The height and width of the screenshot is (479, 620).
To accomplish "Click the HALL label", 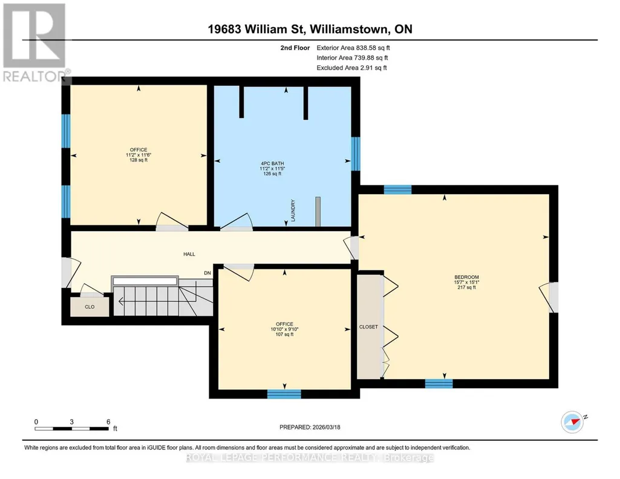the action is [x=189, y=254].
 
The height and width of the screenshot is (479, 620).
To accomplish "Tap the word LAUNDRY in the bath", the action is [x=293, y=210].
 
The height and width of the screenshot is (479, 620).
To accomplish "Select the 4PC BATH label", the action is [x=272, y=163].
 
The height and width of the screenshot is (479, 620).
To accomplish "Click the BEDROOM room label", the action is [x=466, y=277].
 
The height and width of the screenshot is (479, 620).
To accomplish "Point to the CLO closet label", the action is [x=90, y=307].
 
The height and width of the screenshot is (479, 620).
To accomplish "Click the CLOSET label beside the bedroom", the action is [x=368, y=327].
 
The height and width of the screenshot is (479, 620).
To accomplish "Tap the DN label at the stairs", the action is [x=207, y=273].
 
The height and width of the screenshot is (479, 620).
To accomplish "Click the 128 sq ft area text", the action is [x=139, y=160].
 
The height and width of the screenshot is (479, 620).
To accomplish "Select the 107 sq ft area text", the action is [x=285, y=334].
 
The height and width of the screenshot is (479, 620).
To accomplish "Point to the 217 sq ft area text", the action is [x=466, y=287].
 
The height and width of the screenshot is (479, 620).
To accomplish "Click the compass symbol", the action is [x=573, y=422].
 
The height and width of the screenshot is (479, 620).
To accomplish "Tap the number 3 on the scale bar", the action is [x=71, y=422].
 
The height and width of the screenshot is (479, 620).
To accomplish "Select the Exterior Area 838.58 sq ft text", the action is [x=353, y=48].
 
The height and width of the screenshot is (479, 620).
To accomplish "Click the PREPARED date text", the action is [x=310, y=427].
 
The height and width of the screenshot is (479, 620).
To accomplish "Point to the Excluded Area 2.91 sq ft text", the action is [x=351, y=68].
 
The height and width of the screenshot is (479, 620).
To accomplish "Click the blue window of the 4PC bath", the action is [x=356, y=154].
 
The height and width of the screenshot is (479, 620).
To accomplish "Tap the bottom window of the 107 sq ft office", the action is [x=284, y=394].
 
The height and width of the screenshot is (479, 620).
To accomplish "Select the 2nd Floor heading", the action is [x=295, y=48].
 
